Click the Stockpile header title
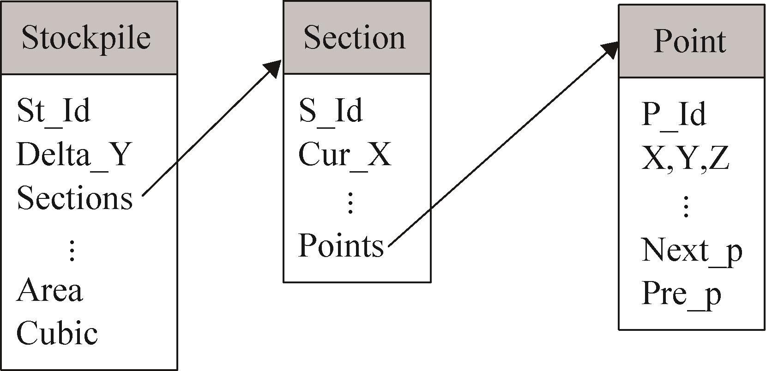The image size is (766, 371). click(x=86, y=37)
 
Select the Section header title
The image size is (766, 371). click(x=355, y=37)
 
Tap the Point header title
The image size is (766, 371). click(x=690, y=41)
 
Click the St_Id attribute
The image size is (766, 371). click(x=54, y=111)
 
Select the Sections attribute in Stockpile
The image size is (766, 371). click(x=75, y=198)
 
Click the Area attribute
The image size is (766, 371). click(x=50, y=291)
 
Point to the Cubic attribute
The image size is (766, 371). click(x=57, y=333)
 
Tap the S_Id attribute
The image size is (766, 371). click(x=331, y=111)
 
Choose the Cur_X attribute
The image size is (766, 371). click(x=345, y=154)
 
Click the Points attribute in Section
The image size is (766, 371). click(x=341, y=245)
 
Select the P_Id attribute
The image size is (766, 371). click(x=674, y=114)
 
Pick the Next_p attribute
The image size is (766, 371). click(x=692, y=251)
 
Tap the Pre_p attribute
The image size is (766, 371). click(x=681, y=294)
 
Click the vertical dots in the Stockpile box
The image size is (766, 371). click(x=72, y=251)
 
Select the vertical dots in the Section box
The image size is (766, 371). click(x=350, y=203)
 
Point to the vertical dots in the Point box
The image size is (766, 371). click(x=686, y=206)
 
